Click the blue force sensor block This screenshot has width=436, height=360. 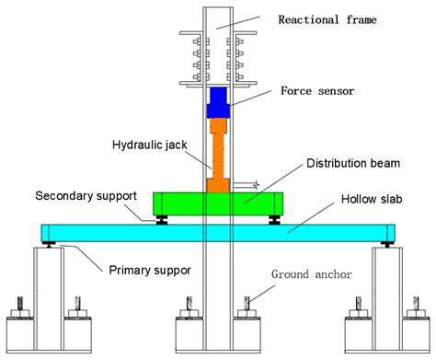(x=218, y=102)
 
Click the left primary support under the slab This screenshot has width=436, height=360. (x=48, y=244)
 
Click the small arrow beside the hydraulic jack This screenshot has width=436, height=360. (x=255, y=184)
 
